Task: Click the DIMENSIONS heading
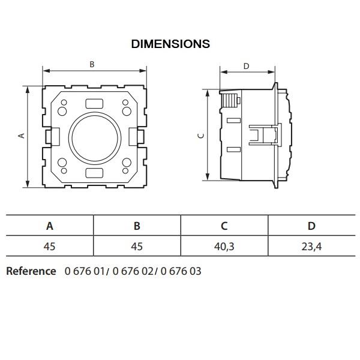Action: click(170, 44)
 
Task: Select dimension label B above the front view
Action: click(92, 64)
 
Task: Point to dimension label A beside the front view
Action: click(22, 136)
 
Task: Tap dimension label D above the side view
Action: click(246, 66)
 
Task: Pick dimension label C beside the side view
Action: click(201, 136)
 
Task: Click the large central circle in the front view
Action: click(95, 138)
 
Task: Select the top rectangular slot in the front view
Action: click(94, 104)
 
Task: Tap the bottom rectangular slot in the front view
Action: click(94, 173)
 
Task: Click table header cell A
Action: click(50, 226)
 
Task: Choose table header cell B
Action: click(137, 226)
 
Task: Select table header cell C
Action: click(224, 226)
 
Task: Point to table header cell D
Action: click(311, 226)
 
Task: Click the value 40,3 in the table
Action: click(224, 247)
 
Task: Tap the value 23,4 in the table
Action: click(311, 247)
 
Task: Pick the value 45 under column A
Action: click(50, 247)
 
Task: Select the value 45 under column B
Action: click(137, 247)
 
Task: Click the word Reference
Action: click(31, 271)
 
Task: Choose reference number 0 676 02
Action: click(133, 271)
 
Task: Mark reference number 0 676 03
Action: click(181, 271)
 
